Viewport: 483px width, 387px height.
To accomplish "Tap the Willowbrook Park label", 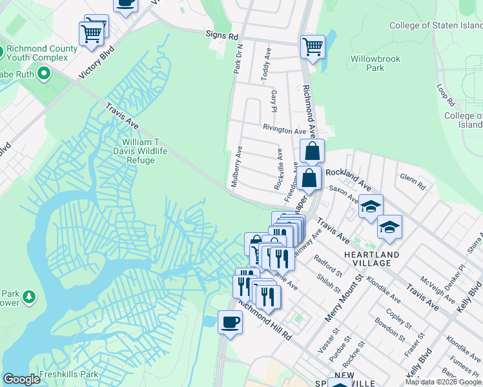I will tap(375, 63).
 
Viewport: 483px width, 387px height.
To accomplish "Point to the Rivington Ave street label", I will tap(284, 130).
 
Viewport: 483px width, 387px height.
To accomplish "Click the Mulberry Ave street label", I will tap(237, 166).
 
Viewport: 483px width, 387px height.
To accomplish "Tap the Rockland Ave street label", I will tap(349, 179).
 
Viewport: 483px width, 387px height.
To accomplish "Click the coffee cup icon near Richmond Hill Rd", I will tap(231, 321).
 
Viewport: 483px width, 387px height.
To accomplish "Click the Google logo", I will tap(21, 379).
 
